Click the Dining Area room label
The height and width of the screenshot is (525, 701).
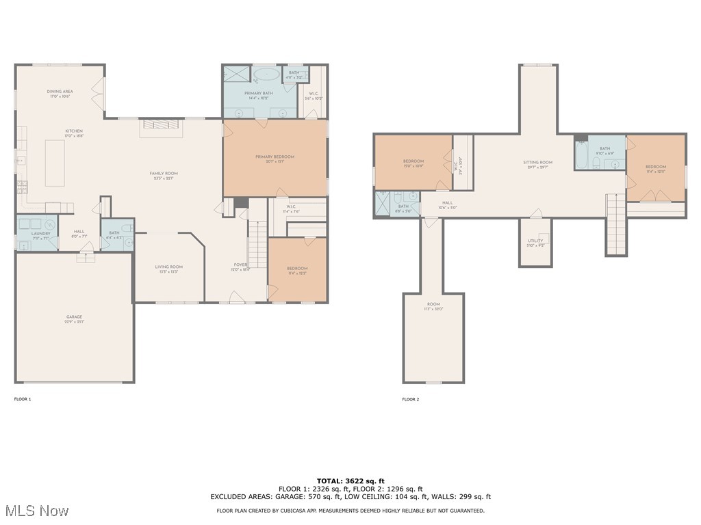tap(60, 92)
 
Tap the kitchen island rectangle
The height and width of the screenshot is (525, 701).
tap(55, 163)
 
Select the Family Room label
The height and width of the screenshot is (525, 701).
tap(164, 174)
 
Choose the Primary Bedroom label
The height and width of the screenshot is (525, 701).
tap(275, 157)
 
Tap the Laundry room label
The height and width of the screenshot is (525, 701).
tap(40, 234)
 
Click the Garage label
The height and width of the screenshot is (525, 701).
tap(74, 317)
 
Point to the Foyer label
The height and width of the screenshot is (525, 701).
tap(240, 265)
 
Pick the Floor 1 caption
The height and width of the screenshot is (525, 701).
tap(23, 399)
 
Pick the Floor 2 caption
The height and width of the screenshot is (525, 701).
tap(410, 399)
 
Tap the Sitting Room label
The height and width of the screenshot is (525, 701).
tap(537, 163)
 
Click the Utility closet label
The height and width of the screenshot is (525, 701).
tap(535, 241)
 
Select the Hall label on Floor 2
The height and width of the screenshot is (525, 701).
tap(447, 202)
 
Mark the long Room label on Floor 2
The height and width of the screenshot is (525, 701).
tap(433, 304)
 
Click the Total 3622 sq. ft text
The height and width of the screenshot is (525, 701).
tap(350, 481)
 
